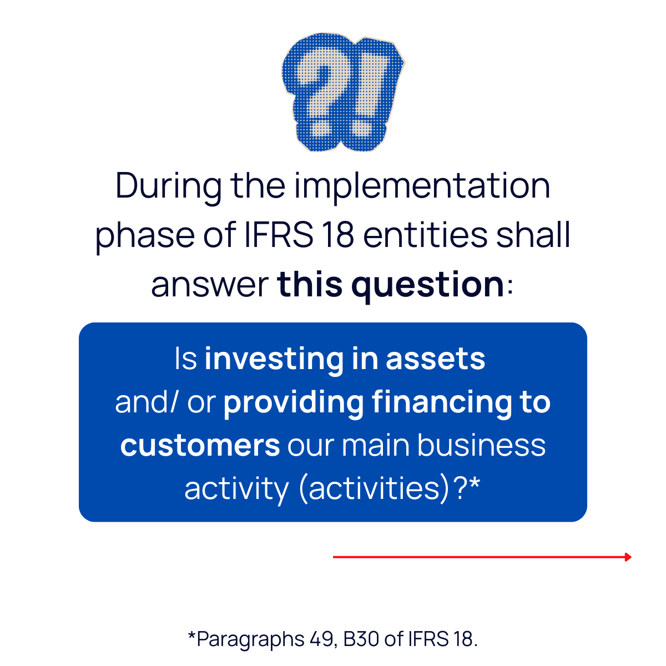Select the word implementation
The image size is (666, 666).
click(422, 186)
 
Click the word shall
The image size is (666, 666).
click(533, 235)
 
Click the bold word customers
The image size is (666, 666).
click(200, 446)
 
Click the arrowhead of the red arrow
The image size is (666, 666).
click(628, 557)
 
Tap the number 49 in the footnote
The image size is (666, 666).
click(321, 639)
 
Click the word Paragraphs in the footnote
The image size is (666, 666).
click(250, 639)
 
